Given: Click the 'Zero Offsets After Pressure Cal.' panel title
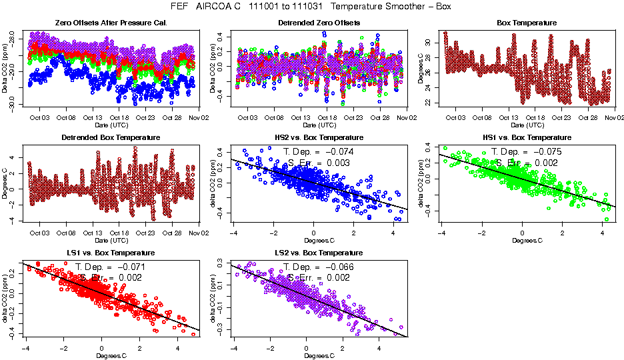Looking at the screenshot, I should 111,23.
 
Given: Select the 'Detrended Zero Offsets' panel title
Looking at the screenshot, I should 319,23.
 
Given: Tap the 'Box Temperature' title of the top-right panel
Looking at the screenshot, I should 527,23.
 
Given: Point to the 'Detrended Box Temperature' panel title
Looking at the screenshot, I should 111,138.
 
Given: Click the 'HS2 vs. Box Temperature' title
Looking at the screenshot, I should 319,138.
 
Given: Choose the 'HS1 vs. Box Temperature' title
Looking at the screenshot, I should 527,138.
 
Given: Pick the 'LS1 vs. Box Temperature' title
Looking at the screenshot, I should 111,253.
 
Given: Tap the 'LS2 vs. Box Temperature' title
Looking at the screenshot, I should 319,253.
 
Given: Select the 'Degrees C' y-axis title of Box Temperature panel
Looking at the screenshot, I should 421,68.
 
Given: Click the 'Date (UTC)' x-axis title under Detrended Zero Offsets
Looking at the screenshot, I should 319,125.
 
